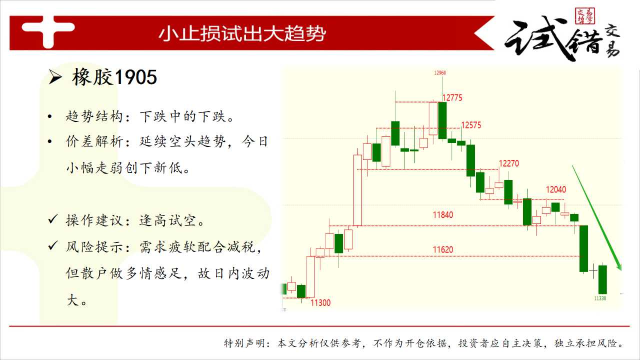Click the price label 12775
(452, 97)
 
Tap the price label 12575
(471, 125)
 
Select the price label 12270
(508, 163)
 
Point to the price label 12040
(555, 189)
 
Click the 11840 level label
(443, 215)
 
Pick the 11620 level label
(443, 249)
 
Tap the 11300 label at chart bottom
(320, 303)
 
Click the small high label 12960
(440, 73)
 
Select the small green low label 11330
(600, 298)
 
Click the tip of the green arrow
(621, 270)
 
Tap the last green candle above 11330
(602, 279)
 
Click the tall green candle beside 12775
(442, 120)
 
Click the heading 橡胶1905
(114, 77)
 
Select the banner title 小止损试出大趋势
(242, 33)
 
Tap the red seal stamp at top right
(585, 15)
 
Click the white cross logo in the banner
(48, 31)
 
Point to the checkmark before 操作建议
(53, 219)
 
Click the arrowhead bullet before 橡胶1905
(55, 77)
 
